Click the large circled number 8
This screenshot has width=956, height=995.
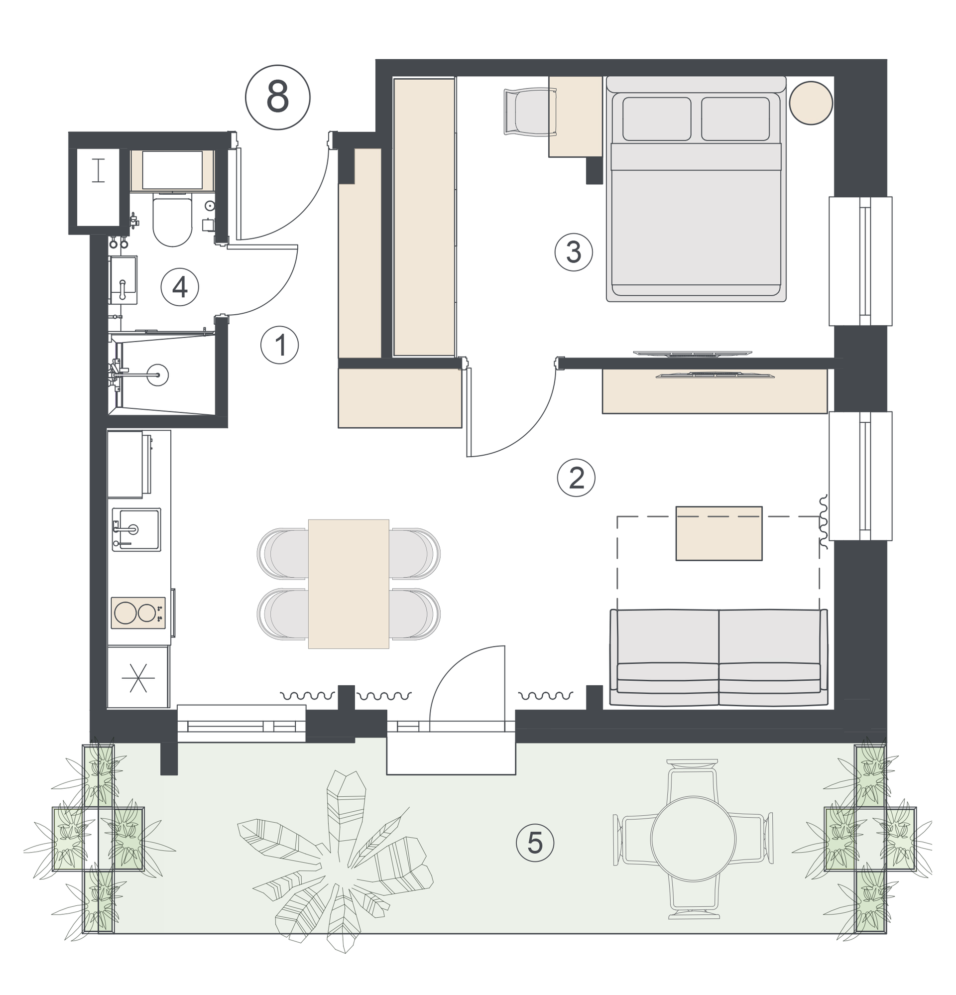[277, 97]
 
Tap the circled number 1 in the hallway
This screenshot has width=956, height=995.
[279, 345]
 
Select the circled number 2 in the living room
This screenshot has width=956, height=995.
[576, 478]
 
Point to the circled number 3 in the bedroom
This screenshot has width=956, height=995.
[573, 252]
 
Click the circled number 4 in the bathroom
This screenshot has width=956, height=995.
[180, 287]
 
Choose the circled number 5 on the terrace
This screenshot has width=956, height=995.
[535, 843]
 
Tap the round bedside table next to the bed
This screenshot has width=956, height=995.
[811, 103]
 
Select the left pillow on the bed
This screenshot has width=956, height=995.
[656, 119]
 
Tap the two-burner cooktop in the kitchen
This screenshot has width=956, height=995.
[138, 613]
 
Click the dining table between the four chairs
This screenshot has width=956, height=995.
[348, 584]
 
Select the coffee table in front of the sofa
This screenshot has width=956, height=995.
[719, 533]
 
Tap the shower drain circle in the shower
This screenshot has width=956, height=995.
[158, 375]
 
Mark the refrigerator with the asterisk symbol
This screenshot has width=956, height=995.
[138, 677]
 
